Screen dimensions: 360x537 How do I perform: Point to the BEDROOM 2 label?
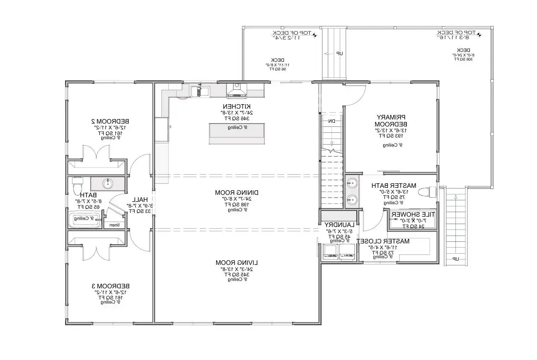(x=110, y=122)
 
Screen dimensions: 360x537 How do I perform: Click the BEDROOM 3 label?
(x=110, y=286)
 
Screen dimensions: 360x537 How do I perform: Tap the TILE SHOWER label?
(x=413, y=215)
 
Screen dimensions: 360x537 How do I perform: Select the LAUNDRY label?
(x=339, y=225)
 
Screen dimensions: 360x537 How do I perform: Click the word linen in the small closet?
(x=112, y=225)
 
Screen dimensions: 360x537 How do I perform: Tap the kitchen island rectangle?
(x=236, y=133)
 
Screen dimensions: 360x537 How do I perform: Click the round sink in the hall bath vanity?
(x=108, y=183)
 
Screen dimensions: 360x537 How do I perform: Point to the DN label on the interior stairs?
(x=332, y=121)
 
